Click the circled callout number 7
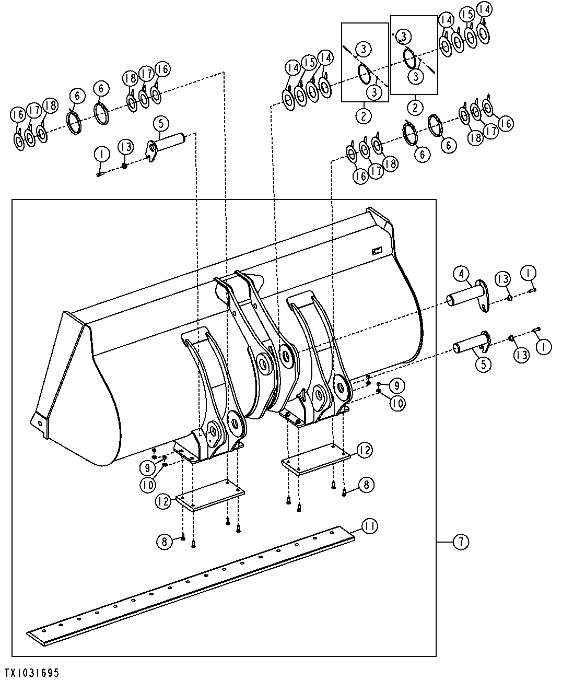point(461,542)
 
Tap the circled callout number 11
point(369,526)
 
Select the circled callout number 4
point(461,274)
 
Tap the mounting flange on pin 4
point(483,296)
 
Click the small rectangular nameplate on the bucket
point(377,251)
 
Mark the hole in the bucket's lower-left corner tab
point(40,424)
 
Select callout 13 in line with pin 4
point(503,279)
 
